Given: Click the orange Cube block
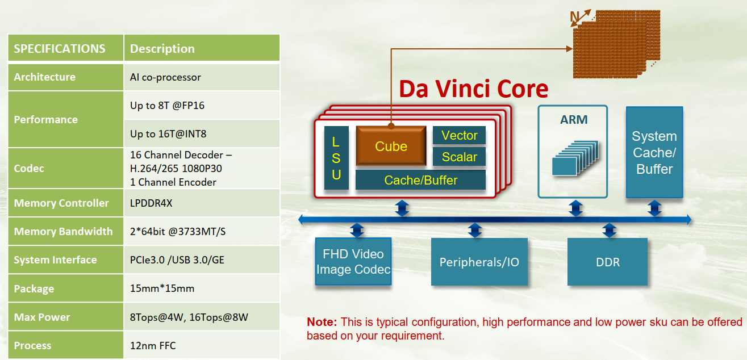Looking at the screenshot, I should [391, 146].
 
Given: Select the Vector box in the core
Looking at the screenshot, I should [459, 135].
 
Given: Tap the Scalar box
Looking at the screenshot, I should [459, 157].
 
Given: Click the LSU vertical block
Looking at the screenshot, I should [336, 158].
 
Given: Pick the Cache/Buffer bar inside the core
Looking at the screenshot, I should [420, 180].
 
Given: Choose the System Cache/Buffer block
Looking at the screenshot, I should [654, 152].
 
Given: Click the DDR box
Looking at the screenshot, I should [607, 262].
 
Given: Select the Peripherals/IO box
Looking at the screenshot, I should [479, 262].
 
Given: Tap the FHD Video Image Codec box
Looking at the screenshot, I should [353, 262].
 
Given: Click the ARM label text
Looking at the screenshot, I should [573, 120].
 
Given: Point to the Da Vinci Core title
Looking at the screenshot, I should [473, 89].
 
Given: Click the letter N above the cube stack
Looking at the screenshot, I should [574, 18].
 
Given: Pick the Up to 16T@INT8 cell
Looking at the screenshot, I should [168, 134].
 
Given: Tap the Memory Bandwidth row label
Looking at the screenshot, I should [63, 231].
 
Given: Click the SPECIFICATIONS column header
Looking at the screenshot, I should [60, 48].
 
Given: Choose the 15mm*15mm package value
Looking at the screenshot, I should [162, 288].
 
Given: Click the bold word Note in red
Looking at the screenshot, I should [322, 322].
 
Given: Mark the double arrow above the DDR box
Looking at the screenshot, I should [610, 230].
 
